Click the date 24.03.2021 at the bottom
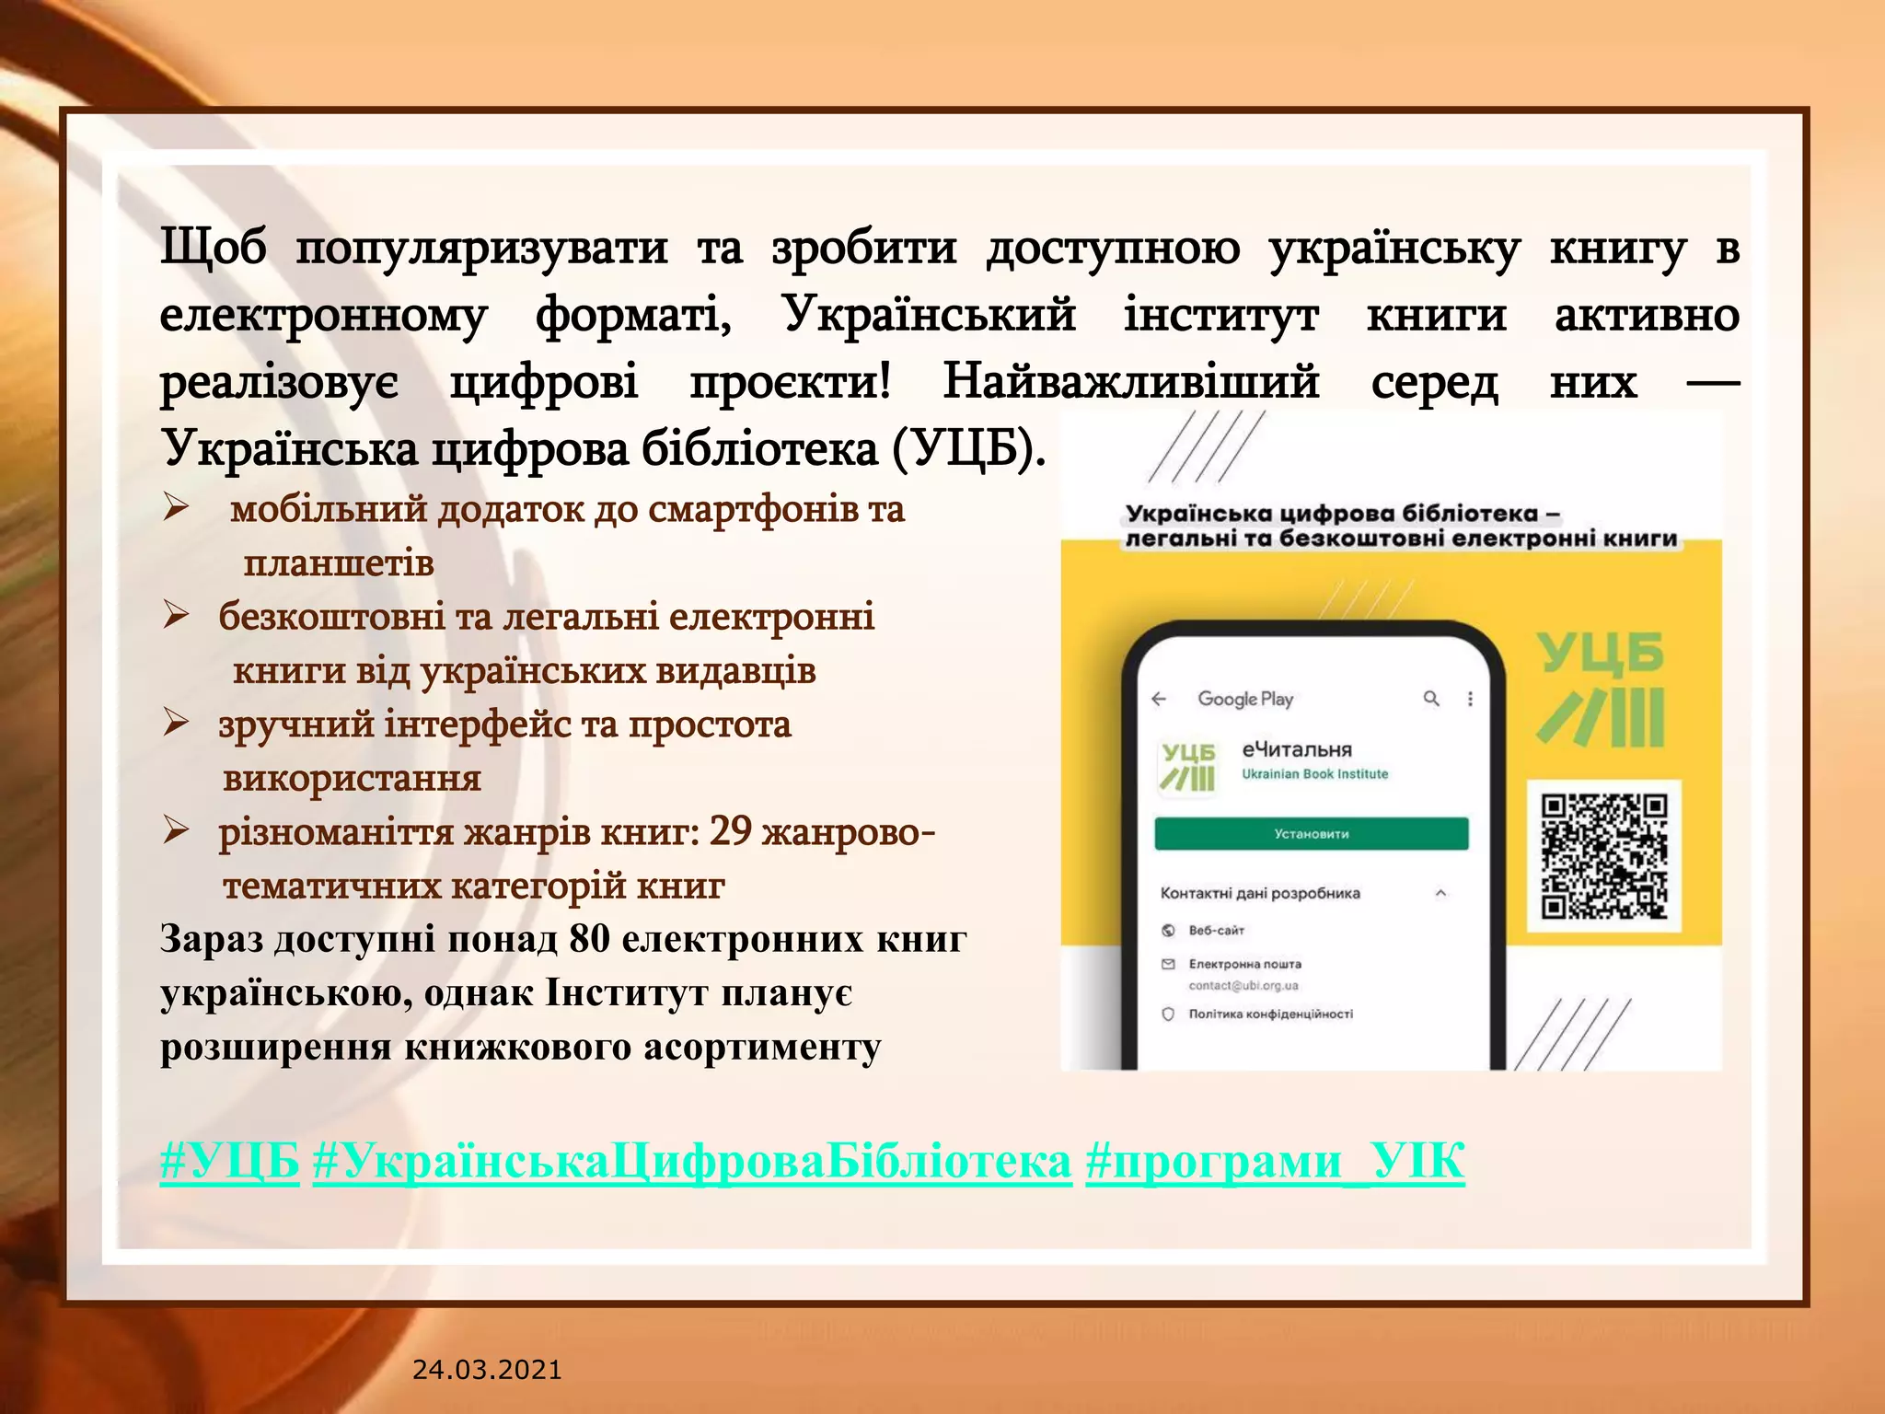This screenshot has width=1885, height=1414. click(487, 1370)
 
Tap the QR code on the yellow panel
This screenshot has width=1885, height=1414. click(1604, 856)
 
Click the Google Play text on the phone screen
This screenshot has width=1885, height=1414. click(1245, 699)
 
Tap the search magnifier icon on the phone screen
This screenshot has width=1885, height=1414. click(1431, 699)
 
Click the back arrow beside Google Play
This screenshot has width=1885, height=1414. click(1159, 699)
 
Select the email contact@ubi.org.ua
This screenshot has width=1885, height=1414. click(1243, 986)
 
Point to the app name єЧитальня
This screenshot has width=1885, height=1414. click(1297, 749)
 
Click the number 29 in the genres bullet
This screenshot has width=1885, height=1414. click(731, 831)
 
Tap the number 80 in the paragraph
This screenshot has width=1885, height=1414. click(589, 939)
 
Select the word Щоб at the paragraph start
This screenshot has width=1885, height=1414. click(214, 247)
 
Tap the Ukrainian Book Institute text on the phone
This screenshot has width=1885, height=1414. click(1314, 774)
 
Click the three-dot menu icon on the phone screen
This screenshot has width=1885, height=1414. click(1470, 699)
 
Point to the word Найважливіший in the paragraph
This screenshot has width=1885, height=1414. click(1130, 381)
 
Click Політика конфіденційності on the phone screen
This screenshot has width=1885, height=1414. click(1270, 1014)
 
